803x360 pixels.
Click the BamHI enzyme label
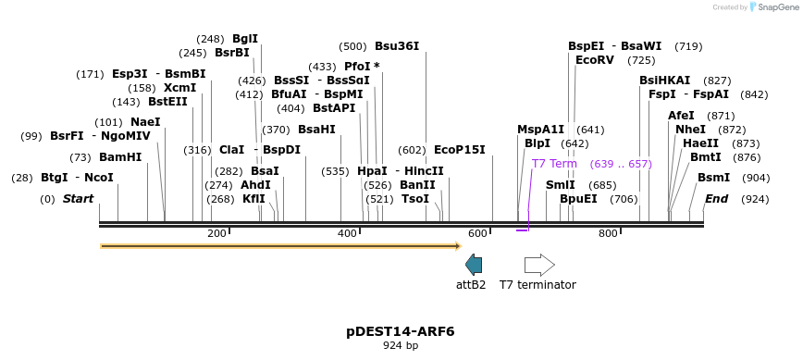tap(120, 157)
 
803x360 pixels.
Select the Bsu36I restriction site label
tap(397, 46)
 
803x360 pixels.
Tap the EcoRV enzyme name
tap(594, 60)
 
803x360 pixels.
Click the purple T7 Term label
tap(554, 164)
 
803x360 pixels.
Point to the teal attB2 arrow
tap(474, 265)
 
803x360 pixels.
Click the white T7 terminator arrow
tap(539, 265)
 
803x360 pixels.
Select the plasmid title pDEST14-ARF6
tap(401, 331)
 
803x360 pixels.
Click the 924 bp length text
tap(401, 346)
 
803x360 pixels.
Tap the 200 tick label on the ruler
tap(216, 233)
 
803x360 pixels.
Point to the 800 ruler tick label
tap(608, 233)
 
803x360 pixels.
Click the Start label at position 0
tap(78, 199)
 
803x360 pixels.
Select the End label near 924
tap(716, 199)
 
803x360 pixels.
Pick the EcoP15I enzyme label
tap(460, 150)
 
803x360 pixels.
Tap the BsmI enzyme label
tap(713, 178)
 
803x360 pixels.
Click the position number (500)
tap(352, 46)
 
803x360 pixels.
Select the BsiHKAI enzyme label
tap(664, 81)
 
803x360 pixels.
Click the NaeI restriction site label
tap(145, 122)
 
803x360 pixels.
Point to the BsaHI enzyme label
tap(316, 130)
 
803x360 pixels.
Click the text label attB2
tap(471, 285)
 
